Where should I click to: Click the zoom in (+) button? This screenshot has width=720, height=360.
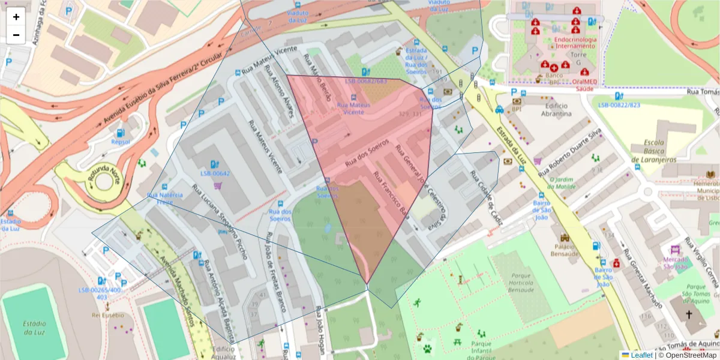[x=16, y=17]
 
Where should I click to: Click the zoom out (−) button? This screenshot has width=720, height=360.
[x=16, y=35]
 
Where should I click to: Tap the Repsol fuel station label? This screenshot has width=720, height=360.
[x=121, y=142]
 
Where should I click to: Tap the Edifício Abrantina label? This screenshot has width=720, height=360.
[x=555, y=110]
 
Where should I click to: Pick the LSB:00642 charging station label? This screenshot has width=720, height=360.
[x=215, y=173]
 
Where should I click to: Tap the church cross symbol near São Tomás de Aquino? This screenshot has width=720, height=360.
[x=689, y=314]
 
